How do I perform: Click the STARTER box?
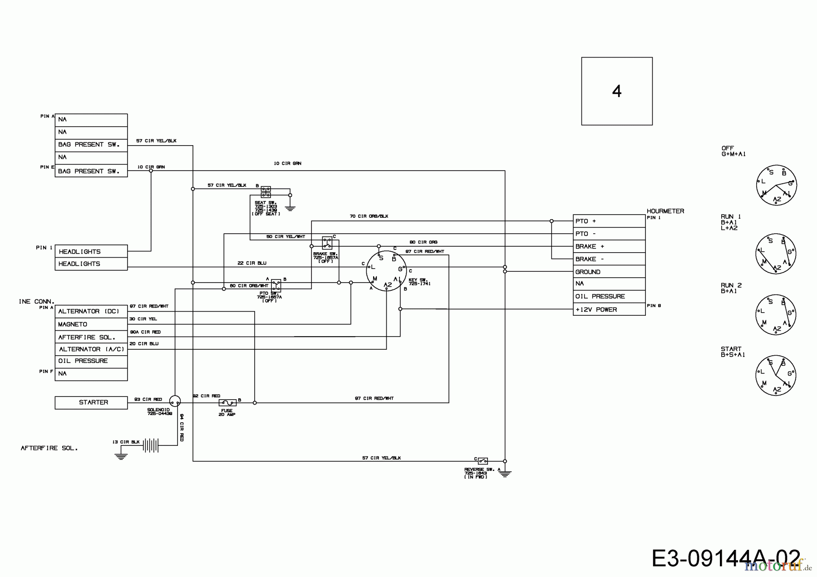point(91,402)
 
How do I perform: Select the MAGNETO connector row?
point(91,324)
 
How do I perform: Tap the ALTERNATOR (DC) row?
point(91,312)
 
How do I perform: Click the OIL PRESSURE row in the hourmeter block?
point(609,296)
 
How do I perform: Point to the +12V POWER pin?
point(609,309)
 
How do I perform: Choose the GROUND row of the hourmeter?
point(609,272)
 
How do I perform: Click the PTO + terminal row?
point(609,221)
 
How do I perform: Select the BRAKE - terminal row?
point(609,259)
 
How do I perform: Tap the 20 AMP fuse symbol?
point(227,402)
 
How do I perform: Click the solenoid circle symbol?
point(175,401)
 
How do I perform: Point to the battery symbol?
point(151,445)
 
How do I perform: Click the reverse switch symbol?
point(482,461)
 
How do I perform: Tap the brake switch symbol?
point(327,243)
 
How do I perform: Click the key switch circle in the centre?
point(386,271)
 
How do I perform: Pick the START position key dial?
point(776,375)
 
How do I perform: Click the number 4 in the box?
point(616,92)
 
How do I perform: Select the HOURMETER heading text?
point(665,211)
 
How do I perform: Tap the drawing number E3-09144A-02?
point(726,558)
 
